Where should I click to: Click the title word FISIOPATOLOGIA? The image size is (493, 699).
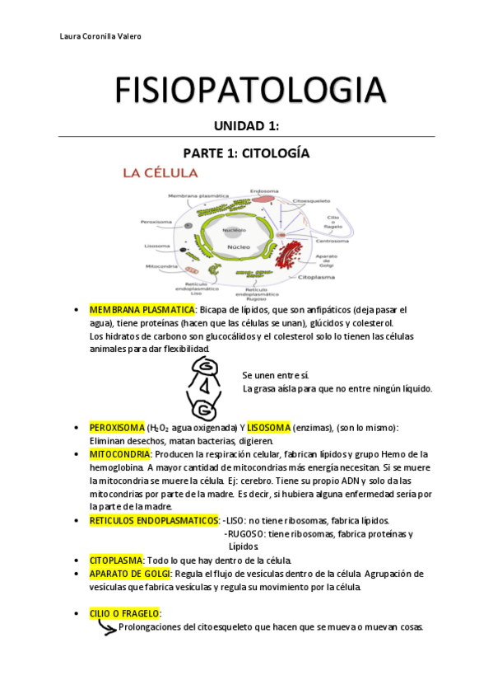pyautogui.click(x=246, y=90)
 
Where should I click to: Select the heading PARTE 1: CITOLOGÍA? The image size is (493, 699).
pyautogui.click(x=246, y=153)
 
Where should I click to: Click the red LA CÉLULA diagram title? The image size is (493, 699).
pyautogui.click(x=160, y=173)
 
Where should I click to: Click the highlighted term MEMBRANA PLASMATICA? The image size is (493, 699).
pyautogui.click(x=142, y=309)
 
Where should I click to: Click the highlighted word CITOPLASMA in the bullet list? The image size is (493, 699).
pyautogui.click(x=116, y=560)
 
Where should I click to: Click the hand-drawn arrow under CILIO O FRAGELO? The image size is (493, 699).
pyautogui.click(x=106, y=628)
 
